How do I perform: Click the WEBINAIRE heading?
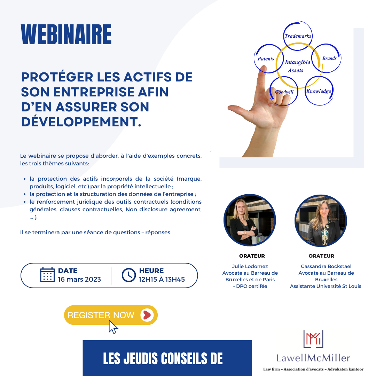click(x=66, y=34)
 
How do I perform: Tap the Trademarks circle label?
click(x=298, y=36)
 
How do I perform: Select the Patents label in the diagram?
click(x=266, y=59)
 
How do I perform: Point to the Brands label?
click(x=329, y=58)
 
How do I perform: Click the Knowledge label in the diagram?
click(x=319, y=91)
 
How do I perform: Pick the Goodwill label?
click(x=284, y=92)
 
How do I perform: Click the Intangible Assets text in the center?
click(x=297, y=66)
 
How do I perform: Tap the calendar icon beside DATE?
click(x=47, y=275)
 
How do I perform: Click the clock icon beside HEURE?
click(x=129, y=275)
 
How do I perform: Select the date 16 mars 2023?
click(x=79, y=279)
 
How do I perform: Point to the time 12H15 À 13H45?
click(x=162, y=279)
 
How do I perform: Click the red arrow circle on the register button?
click(x=147, y=315)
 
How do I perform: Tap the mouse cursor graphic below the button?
click(x=113, y=327)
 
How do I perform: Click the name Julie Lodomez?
click(x=250, y=266)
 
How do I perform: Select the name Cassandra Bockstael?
click(x=326, y=266)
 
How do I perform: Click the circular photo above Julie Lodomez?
click(x=250, y=220)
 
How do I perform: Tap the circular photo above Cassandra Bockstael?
click(x=321, y=221)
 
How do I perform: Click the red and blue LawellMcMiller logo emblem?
click(x=313, y=339)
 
